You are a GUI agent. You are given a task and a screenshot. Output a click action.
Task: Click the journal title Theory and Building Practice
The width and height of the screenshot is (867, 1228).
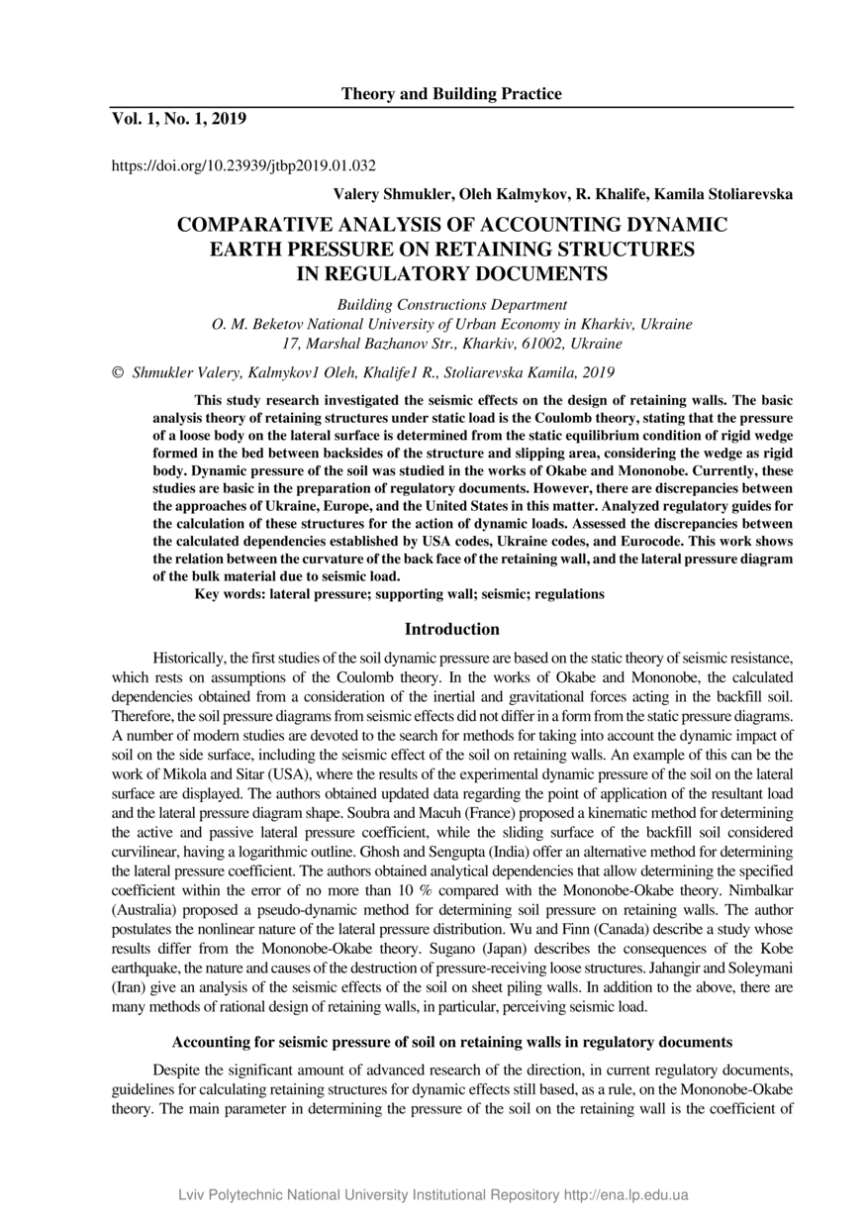tap(451, 94)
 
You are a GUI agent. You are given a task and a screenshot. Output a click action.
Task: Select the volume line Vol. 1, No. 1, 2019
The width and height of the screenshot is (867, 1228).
tap(178, 120)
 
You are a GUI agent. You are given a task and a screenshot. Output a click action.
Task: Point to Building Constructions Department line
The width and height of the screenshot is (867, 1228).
tap(451, 305)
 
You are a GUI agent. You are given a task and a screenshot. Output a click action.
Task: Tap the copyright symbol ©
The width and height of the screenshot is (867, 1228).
tap(118, 373)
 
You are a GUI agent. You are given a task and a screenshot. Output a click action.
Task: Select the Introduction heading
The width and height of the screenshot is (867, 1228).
tap(451, 629)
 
